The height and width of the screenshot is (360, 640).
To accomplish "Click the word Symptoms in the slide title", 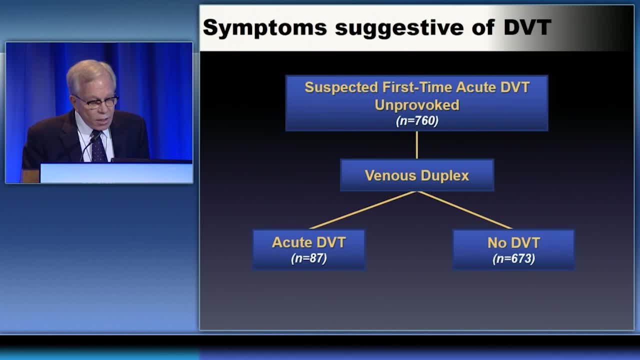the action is click(x=265, y=28).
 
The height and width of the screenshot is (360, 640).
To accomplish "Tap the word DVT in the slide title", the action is click(x=527, y=27).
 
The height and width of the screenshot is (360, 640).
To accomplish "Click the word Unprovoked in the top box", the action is click(x=417, y=105).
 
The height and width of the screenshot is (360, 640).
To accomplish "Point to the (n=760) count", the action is click(x=417, y=120).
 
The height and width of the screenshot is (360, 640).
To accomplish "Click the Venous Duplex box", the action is click(x=417, y=175).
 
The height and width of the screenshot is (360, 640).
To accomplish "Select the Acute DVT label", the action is click(x=308, y=242).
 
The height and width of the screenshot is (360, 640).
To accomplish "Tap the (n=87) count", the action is click(x=308, y=258).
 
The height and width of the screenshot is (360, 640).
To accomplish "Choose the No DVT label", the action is click(x=513, y=243).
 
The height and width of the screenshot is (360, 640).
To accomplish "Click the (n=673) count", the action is click(x=513, y=258).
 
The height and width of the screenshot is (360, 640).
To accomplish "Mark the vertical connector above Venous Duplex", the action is click(x=417, y=145).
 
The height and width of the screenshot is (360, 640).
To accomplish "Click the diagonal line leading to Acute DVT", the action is click(x=363, y=210).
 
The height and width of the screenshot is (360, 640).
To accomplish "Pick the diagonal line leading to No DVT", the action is click(x=464, y=210).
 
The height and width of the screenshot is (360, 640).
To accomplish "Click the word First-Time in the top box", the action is click(x=417, y=87).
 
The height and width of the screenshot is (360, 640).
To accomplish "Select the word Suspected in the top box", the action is click(x=341, y=87).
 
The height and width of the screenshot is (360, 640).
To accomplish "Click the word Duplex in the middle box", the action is click(x=445, y=175).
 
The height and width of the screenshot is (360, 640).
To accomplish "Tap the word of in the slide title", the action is click(x=483, y=27).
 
